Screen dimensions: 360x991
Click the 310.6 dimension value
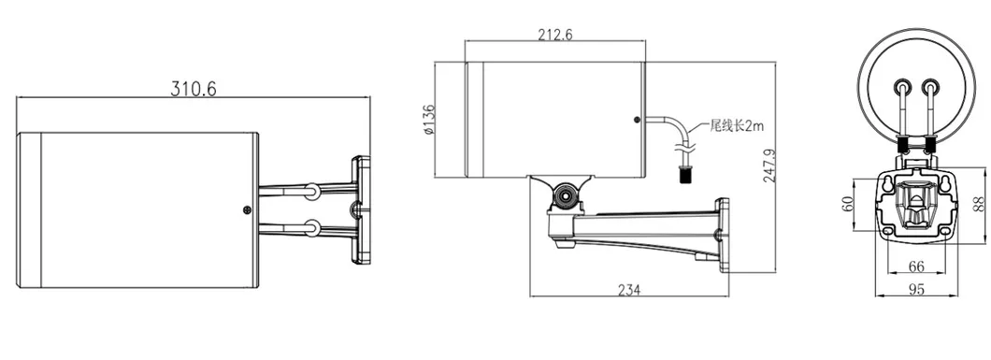[x=193, y=89]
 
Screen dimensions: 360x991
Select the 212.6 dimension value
[x=555, y=35]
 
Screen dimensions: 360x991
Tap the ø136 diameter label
[x=428, y=120]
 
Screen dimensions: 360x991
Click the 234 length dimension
[x=628, y=290]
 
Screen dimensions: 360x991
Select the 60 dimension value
[x=848, y=203]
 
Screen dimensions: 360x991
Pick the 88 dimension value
[x=979, y=203]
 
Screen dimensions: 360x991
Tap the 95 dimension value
[x=917, y=289]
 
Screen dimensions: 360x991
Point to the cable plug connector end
[x=684, y=172]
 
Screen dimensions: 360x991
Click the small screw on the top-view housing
[x=246, y=210]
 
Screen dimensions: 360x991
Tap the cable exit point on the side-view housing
[x=638, y=120]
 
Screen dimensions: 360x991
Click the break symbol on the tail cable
[x=685, y=144]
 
